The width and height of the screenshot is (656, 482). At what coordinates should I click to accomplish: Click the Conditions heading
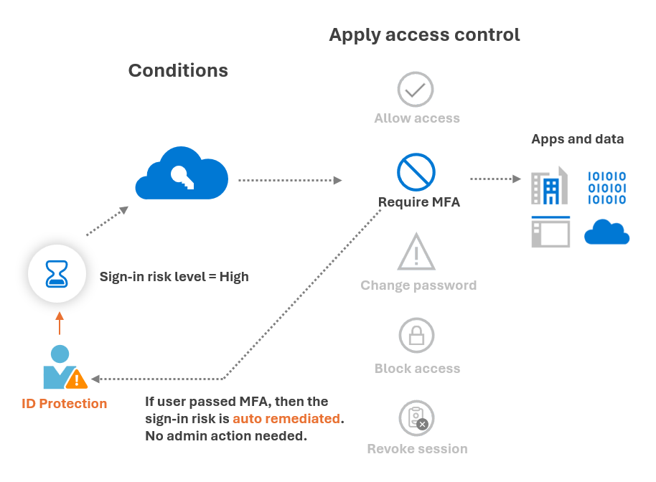pyautogui.click(x=178, y=70)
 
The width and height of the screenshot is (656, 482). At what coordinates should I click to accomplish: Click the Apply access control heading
pyautogui.click(x=424, y=34)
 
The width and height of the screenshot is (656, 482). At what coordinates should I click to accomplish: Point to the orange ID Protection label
pyautogui.click(x=65, y=404)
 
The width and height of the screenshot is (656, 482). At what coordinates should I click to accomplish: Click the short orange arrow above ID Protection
pyautogui.click(x=60, y=323)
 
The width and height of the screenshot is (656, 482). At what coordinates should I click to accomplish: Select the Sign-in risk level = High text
pyautogui.click(x=174, y=277)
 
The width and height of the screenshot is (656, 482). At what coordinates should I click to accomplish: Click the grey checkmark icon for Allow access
pyautogui.click(x=416, y=90)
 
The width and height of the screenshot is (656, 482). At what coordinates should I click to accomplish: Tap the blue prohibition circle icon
pyautogui.click(x=416, y=172)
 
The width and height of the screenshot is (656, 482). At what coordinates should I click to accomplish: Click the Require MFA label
pyautogui.click(x=419, y=202)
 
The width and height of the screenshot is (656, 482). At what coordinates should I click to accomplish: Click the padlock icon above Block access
pyautogui.click(x=416, y=335)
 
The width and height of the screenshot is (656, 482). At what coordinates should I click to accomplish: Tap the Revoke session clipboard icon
pyautogui.click(x=416, y=417)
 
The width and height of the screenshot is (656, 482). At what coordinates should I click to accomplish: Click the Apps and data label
pyautogui.click(x=577, y=139)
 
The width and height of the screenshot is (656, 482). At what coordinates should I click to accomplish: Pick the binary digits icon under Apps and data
pyautogui.click(x=606, y=188)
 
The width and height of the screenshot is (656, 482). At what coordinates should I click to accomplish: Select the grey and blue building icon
pyautogui.click(x=549, y=186)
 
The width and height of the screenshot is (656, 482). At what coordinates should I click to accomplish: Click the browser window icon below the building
pyautogui.click(x=550, y=232)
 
